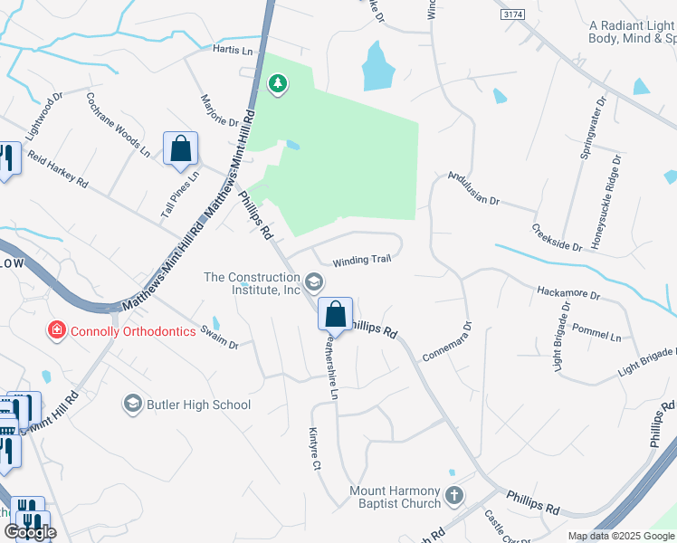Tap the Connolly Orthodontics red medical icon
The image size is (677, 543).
point(56,330)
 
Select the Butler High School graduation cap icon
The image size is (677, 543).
point(132,404)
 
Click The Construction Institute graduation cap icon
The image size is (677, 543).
point(314,283)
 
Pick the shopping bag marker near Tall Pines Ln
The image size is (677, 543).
point(180,148)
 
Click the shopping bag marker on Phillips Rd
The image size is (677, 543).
point(335,315)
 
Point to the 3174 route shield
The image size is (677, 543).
point(511,15)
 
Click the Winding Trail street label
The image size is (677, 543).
point(361,260)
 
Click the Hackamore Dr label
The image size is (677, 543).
point(568,293)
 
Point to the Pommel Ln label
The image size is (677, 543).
point(603,336)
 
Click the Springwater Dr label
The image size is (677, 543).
point(590,131)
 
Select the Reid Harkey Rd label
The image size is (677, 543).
point(56,169)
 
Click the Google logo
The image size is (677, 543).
point(30,532)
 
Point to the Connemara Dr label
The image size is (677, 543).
point(447,340)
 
